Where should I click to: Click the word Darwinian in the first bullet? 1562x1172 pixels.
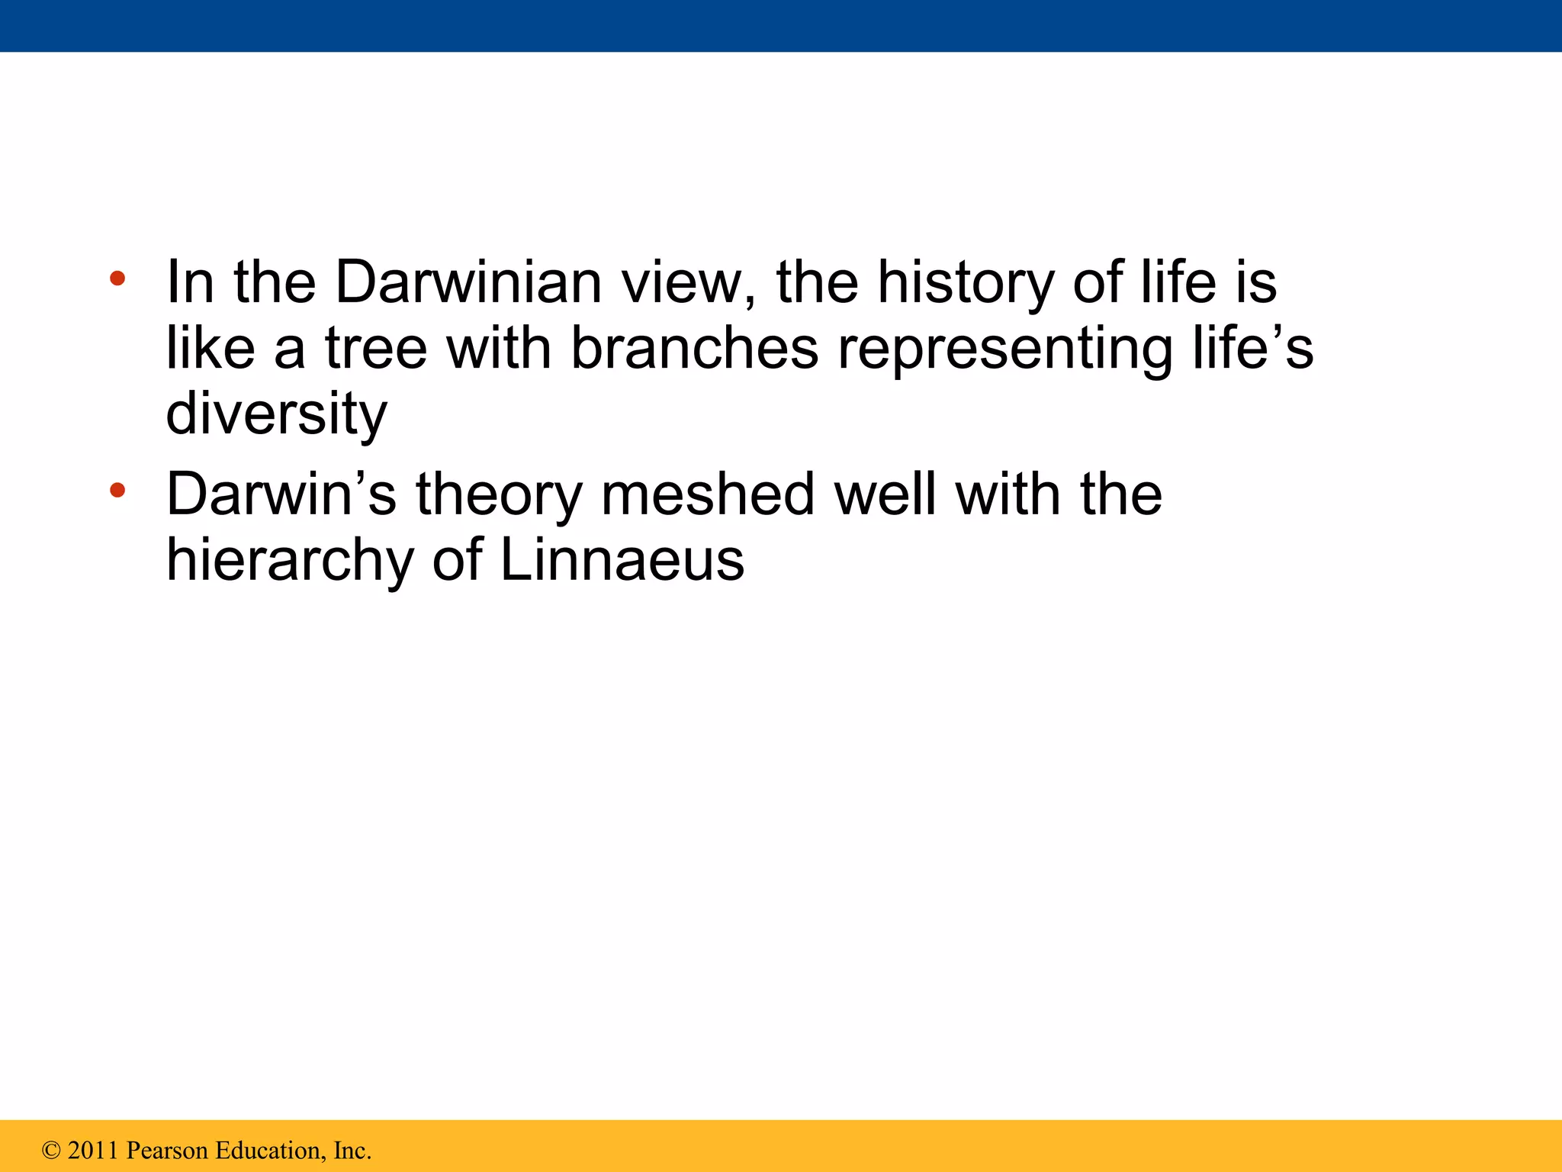468,282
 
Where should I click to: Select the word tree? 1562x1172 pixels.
376,349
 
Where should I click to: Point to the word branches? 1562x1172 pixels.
694,349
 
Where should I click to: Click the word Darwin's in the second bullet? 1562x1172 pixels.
281,494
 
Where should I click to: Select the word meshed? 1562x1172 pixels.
708,494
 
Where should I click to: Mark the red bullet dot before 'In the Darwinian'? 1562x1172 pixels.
117,279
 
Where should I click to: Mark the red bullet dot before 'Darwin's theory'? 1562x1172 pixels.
117,490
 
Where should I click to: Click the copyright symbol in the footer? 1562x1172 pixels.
51,1151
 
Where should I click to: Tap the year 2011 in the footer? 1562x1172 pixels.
93,1151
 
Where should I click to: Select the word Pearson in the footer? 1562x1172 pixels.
166,1151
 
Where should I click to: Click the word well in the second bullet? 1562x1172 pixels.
885,494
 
